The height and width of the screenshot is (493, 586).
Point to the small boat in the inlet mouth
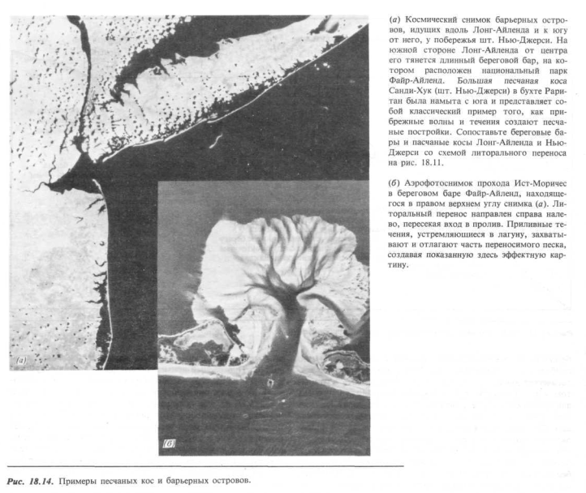pos(270,377)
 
